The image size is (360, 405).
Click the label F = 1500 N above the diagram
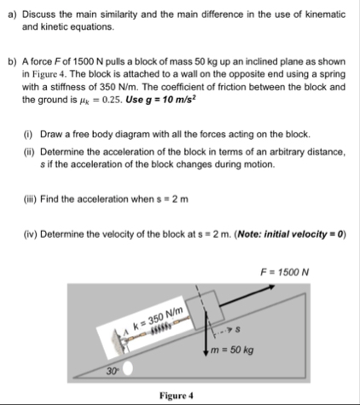tap(284, 272)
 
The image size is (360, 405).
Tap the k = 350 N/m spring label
tap(158, 319)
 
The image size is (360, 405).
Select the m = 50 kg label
tap(232, 350)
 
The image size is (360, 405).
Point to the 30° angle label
tap(113, 371)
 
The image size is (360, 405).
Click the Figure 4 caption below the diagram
tap(177, 396)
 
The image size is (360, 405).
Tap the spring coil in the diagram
tap(161, 330)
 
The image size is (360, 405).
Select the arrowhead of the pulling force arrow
tap(271, 286)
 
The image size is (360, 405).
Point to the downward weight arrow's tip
tap(206, 354)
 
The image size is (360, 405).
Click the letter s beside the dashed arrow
tap(238, 329)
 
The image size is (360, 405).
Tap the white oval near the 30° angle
tap(128, 368)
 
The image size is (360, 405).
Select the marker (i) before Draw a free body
tap(28, 135)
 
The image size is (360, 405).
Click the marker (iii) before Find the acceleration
tap(30, 200)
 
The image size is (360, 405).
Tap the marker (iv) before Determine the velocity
tap(30, 234)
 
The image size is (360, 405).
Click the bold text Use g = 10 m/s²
tap(161, 100)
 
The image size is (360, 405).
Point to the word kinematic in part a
tap(325, 14)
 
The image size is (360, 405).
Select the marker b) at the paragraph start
tap(13, 61)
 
